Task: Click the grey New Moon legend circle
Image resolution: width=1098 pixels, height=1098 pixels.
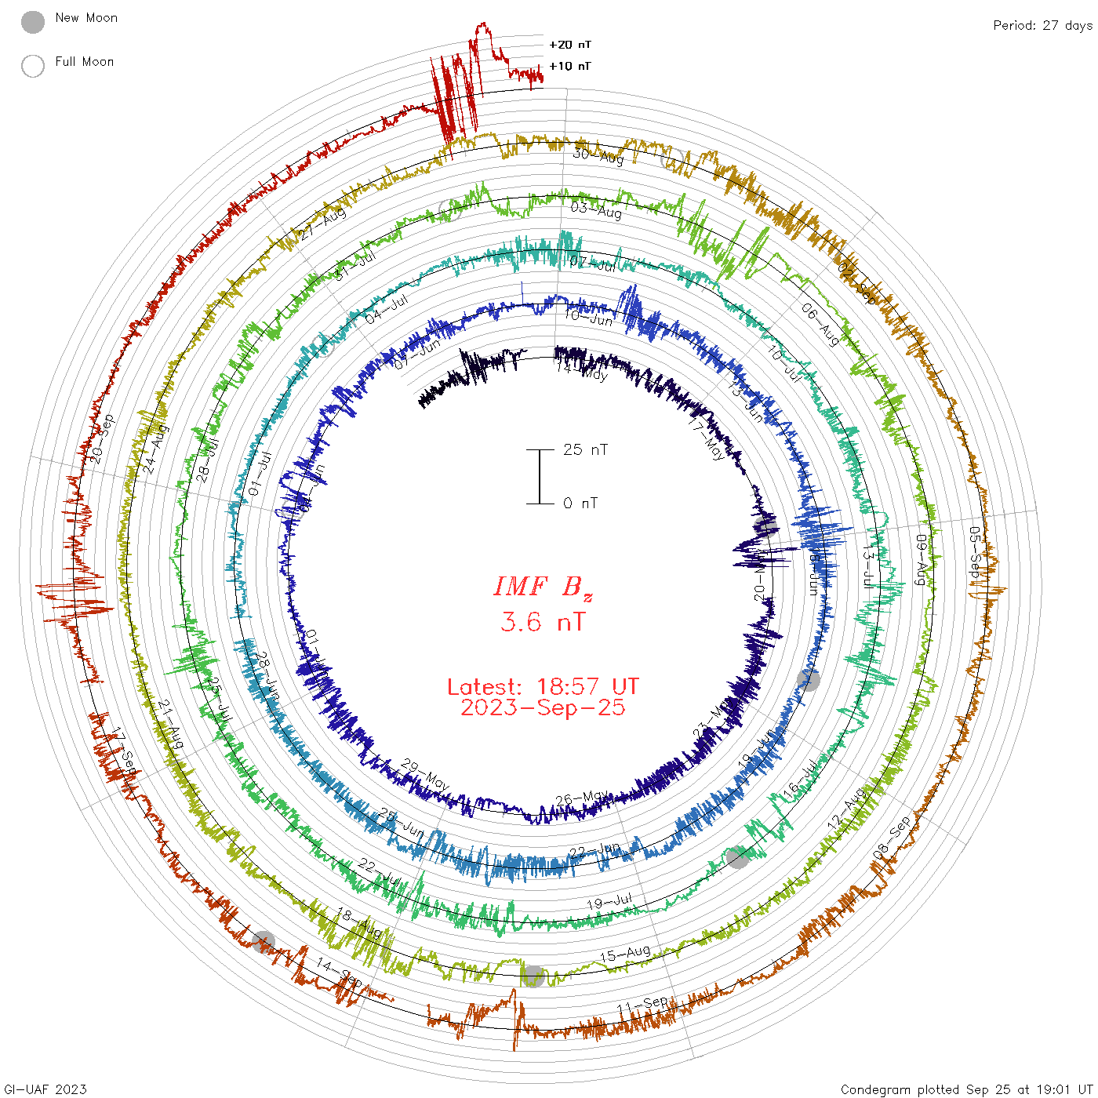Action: [x=33, y=23]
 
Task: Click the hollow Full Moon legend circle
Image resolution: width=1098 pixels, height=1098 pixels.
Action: [x=33, y=67]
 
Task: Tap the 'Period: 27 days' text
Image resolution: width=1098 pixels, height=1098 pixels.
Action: [x=1042, y=26]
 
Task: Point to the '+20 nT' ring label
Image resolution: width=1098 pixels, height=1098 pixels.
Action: [x=570, y=45]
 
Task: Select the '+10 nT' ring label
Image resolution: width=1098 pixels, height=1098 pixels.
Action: [x=570, y=66]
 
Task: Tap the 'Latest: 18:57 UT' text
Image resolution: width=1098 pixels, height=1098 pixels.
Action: [x=543, y=687]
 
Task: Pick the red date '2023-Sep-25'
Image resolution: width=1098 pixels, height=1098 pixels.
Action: [x=543, y=707]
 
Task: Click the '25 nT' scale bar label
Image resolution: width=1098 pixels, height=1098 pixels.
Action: [x=585, y=450]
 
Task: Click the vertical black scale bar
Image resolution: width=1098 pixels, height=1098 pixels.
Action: [x=540, y=477]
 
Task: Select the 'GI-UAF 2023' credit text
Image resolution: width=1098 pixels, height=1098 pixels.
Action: [x=45, y=1089]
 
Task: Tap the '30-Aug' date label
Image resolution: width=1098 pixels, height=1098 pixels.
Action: [x=598, y=156]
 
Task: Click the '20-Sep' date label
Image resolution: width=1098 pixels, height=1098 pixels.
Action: [x=102, y=438]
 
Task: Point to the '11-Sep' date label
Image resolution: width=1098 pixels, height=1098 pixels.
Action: [x=643, y=1004]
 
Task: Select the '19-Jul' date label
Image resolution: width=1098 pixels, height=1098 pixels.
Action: [x=609, y=902]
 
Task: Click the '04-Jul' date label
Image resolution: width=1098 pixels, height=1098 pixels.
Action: [x=387, y=309]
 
